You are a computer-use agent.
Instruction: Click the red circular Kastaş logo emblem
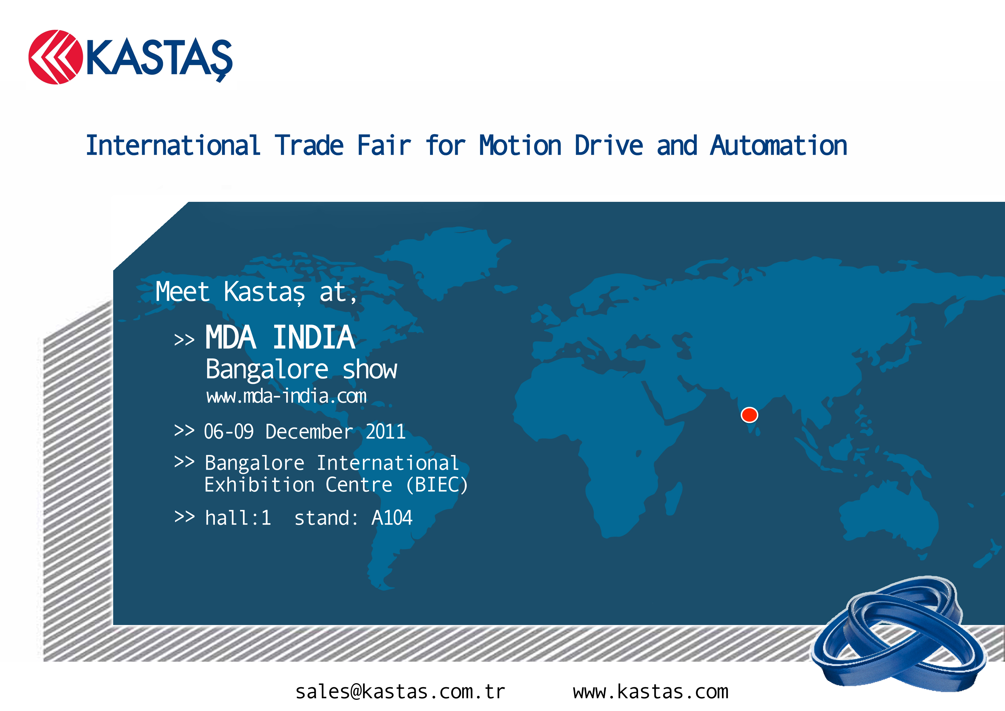(x=56, y=57)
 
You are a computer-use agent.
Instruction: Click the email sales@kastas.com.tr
(x=400, y=692)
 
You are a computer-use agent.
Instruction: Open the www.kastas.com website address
(x=651, y=692)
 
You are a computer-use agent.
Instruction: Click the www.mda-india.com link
(x=286, y=396)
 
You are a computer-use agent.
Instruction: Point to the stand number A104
(x=392, y=518)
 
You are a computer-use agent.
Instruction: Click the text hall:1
(x=238, y=518)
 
